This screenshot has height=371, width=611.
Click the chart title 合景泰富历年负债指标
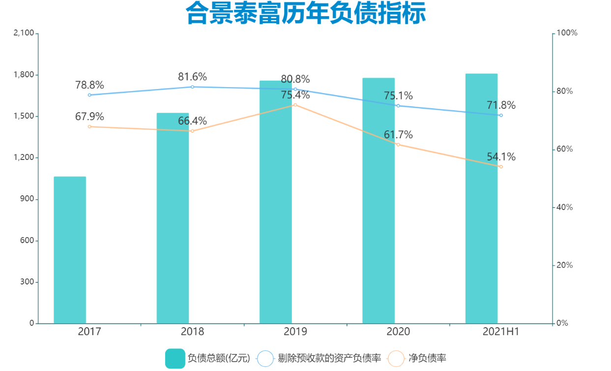(x=305, y=14)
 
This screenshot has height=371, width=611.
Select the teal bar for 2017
(x=70, y=250)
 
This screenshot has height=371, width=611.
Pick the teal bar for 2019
(x=276, y=202)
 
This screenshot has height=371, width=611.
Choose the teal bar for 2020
(x=378, y=200)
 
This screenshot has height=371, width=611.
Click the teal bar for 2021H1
(x=481, y=198)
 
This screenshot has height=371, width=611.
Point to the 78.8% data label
(x=89, y=85)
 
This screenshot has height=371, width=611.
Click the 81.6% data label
(x=192, y=77)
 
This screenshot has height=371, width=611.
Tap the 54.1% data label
(x=501, y=157)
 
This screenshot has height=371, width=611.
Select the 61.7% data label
(x=398, y=135)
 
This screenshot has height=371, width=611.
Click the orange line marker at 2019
(x=295, y=105)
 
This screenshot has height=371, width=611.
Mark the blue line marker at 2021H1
(x=501, y=115)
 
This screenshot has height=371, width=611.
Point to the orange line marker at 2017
(x=89, y=126)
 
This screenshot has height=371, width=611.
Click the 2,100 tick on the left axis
(x=24, y=33)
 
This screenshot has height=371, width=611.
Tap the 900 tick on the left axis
(x=28, y=199)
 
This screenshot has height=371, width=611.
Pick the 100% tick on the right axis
(x=567, y=33)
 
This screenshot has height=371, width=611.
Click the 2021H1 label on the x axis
(x=501, y=332)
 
